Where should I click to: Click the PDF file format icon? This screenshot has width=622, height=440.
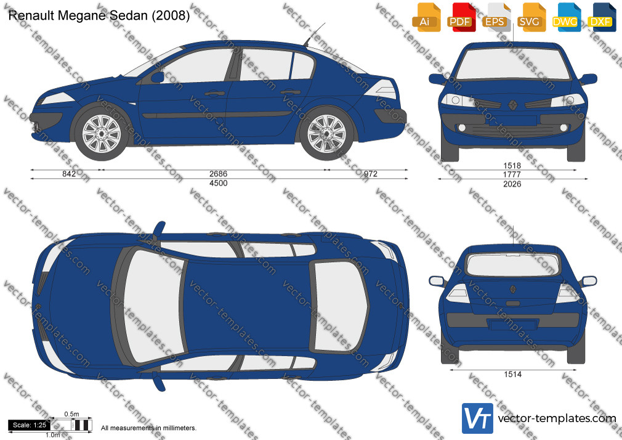[x=461, y=17]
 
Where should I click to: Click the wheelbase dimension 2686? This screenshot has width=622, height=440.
[x=218, y=174]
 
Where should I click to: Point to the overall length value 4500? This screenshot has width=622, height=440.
[x=218, y=183]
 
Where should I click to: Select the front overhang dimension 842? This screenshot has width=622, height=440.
[x=69, y=174]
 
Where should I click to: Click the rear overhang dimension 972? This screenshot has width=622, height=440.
[x=371, y=174]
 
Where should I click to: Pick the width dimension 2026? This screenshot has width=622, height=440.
[x=512, y=184]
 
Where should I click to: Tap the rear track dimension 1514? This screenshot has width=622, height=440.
[x=512, y=374]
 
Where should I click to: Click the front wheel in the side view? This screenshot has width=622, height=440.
[x=101, y=134]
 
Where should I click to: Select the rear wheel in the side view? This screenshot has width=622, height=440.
[x=327, y=134]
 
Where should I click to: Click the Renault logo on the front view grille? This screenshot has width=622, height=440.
[x=512, y=105]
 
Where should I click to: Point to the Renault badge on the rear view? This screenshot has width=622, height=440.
[x=512, y=289]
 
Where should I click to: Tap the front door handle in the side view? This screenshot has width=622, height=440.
[x=214, y=94]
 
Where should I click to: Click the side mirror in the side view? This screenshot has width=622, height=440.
[x=157, y=77]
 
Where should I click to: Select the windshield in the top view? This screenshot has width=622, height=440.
[x=154, y=306]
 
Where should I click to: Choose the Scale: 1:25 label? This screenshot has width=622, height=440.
[x=30, y=425]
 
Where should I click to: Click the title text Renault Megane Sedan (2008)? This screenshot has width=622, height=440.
[x=99, y=15]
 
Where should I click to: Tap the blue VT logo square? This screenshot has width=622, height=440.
[x=478, y=418]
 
